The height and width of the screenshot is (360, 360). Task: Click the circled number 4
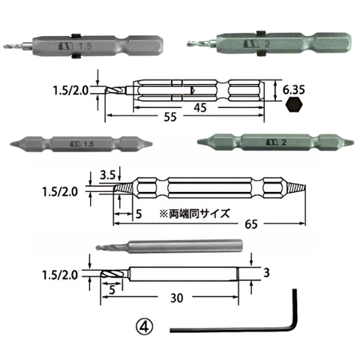[144, 327]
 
